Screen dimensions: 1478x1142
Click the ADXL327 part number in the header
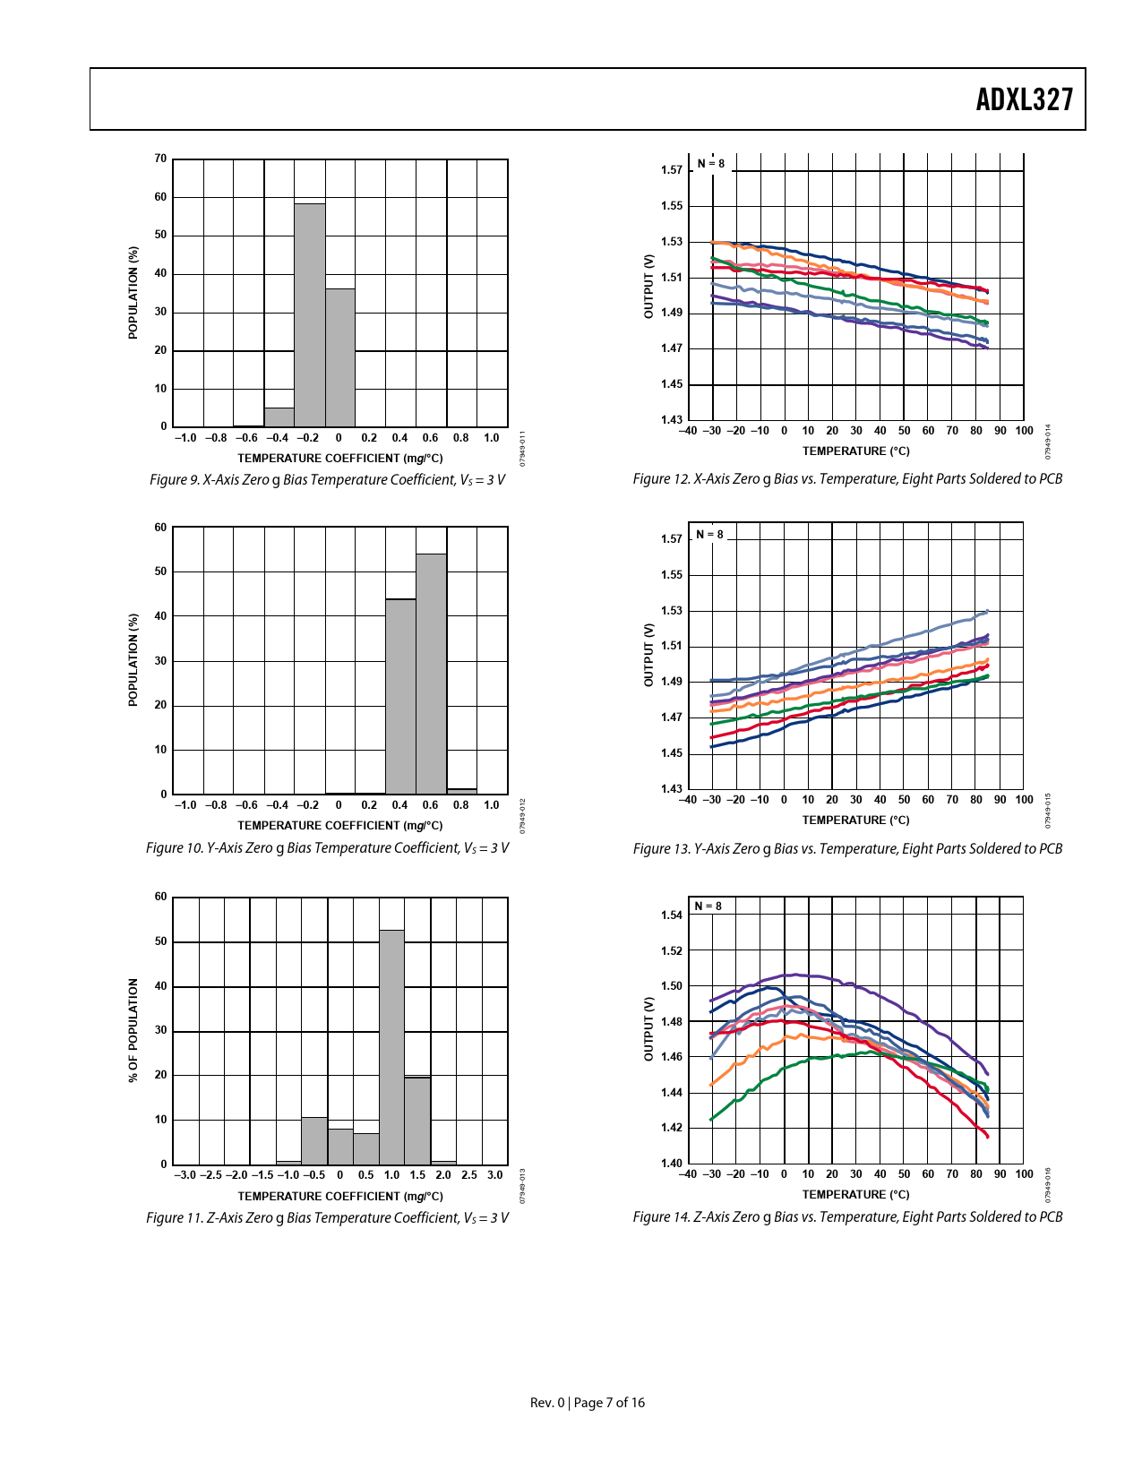pos(1024,99)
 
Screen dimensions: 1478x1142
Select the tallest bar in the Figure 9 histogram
pos(310,315)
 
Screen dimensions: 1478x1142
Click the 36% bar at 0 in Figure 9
pos(340,357)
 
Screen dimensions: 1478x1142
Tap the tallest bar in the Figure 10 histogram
pos(432,674)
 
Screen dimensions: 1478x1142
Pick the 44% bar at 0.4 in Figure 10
pos(400,696)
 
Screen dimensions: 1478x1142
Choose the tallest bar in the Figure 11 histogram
pos(391,1047)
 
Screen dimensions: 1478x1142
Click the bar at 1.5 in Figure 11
pos(417,1120)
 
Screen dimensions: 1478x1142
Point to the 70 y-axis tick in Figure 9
pos(160,159)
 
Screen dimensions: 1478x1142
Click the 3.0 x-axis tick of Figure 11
pos(494,1174)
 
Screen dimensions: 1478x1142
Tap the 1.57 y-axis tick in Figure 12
pos(672,170)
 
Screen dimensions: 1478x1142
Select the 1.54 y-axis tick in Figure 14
pos(672,915)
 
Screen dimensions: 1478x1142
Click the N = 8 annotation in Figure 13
pos(709,535)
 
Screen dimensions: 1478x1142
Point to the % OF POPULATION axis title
pos(133,1030)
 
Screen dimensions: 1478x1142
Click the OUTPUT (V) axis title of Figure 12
pos(649,287)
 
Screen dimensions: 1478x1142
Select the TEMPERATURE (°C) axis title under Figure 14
pos(855,1194)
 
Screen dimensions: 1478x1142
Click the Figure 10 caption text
pos(327,847)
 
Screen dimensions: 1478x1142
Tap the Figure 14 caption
pos(847,1216)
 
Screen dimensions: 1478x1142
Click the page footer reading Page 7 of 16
pos(588,1403)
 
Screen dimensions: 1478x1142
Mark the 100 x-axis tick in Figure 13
pos(1024,800)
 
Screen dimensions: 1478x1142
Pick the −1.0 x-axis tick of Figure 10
pos(185,805)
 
